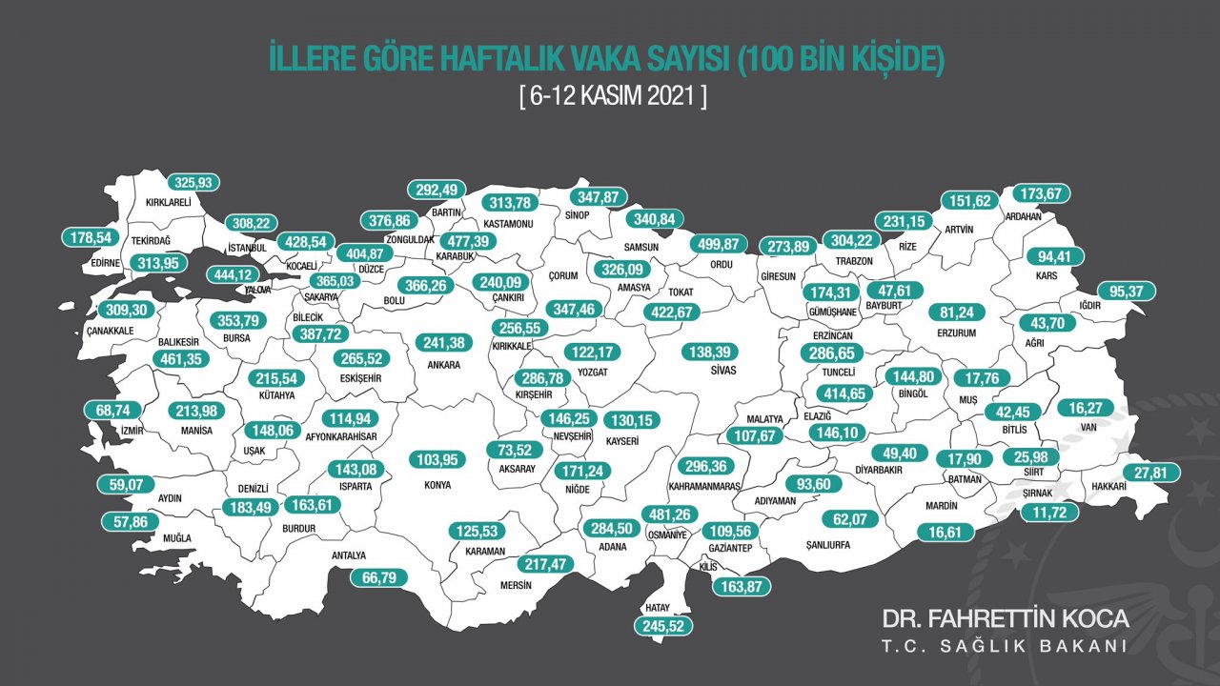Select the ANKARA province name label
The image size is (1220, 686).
pos(444,365)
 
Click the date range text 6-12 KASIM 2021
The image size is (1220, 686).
pos(612,97)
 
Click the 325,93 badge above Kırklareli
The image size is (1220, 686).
pos(194,182)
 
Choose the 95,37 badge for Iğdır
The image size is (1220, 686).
pos(1128,292)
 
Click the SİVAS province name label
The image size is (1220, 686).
pos(706,373)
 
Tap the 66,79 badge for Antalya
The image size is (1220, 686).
pos(378,577)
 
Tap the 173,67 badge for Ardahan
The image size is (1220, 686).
pos(1041,193)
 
